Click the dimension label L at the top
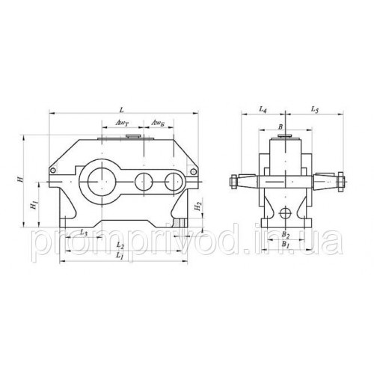122,109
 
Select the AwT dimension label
122,123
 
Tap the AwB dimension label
158,123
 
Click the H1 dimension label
34,205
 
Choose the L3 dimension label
84,233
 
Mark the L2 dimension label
120,245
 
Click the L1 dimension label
120,255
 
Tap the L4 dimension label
263,109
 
